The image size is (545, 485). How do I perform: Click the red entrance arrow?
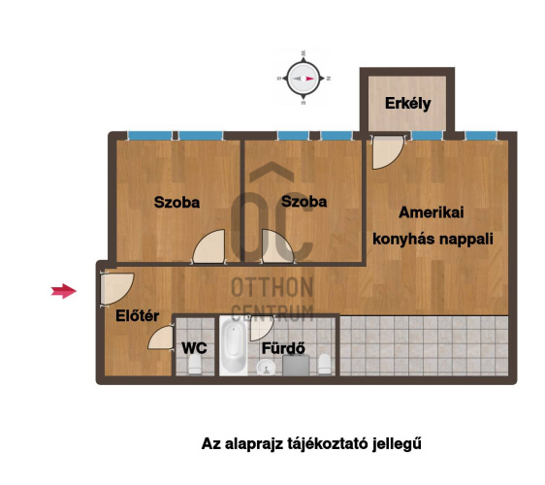point(64,290)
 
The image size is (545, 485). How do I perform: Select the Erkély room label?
point(407,103)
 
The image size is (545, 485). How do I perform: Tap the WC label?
point(194,346)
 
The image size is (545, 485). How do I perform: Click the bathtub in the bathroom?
point(233,348)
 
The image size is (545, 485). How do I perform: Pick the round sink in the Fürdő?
point(264,366)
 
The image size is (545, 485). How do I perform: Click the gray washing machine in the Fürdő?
point(295,366)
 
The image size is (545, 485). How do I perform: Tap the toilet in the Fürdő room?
point(325,364)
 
